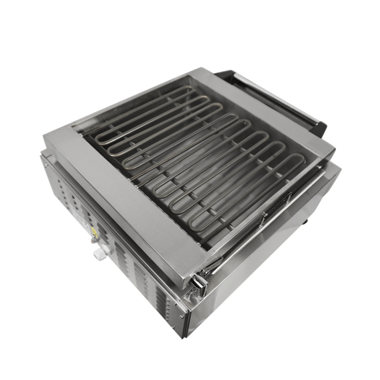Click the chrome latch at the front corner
click(x=199, y=282)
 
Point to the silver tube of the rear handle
click(x=271, y=98)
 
